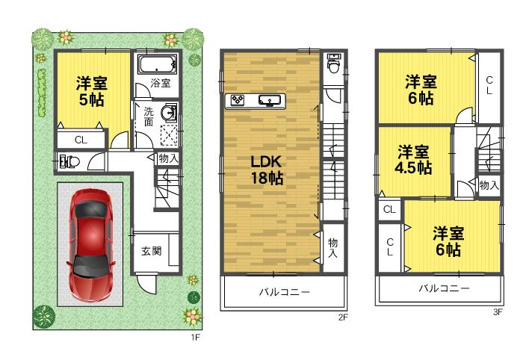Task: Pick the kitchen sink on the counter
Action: pos(269,100)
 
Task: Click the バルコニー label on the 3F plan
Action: pos(443,288)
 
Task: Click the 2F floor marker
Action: pos(343,317)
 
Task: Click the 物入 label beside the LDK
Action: pos(332,248)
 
